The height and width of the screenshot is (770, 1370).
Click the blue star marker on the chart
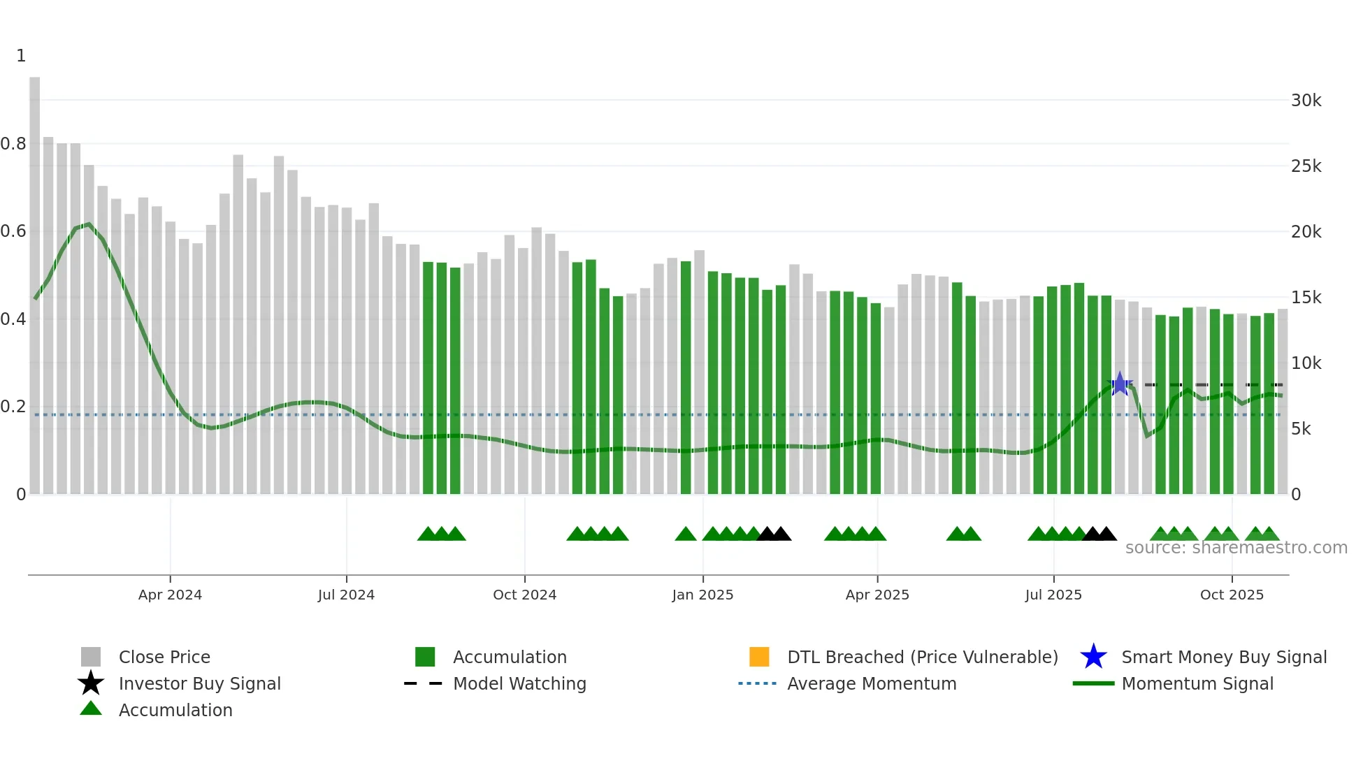click(1120, 384)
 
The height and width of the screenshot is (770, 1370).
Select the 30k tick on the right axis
click(1306, 101)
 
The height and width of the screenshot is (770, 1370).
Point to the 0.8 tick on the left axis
click(13, 144)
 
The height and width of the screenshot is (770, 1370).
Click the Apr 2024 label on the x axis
click(170, 595)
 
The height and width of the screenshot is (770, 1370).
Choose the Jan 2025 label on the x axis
click(702, 595)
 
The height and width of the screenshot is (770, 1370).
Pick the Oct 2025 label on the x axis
click(1232, 595)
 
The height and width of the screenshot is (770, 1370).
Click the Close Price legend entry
click(164, 657)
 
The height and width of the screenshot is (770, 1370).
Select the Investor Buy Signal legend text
click(200, 683)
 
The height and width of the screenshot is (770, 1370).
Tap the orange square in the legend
click(759, 657)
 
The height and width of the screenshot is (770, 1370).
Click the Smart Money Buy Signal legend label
click(1224, 657)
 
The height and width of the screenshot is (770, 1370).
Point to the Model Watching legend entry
click(519, 683)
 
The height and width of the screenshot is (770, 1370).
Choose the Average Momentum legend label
click(872, 683)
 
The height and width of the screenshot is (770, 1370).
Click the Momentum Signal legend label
click(1197, 683)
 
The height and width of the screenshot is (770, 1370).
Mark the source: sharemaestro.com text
click(1236, 548)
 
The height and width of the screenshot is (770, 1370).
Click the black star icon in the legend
click(91, 683)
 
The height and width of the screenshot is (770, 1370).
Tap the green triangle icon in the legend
click(91, 709)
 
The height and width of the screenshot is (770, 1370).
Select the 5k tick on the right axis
click(1301, 429)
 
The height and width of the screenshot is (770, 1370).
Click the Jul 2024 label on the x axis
click(346, 595)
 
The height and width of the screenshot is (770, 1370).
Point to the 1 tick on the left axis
click(21, 56)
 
